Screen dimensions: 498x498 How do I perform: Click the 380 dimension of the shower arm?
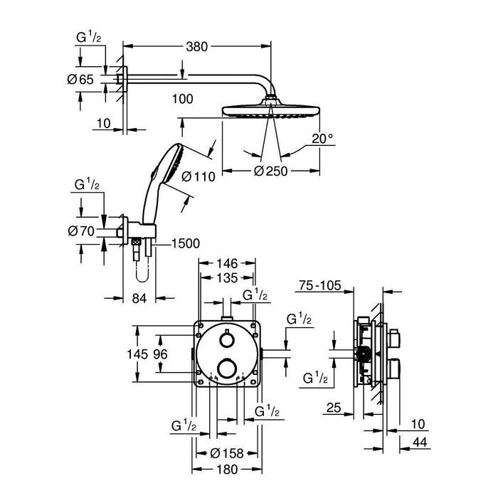coord(196,47)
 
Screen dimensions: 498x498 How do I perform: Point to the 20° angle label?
coord(322,139)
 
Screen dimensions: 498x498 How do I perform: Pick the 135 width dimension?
coord(227,277)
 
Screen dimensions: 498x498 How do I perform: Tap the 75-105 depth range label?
coord(318,286)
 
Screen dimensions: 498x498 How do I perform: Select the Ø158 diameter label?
coord(227,452)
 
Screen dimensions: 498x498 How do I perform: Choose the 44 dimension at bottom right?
coord(420,443)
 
